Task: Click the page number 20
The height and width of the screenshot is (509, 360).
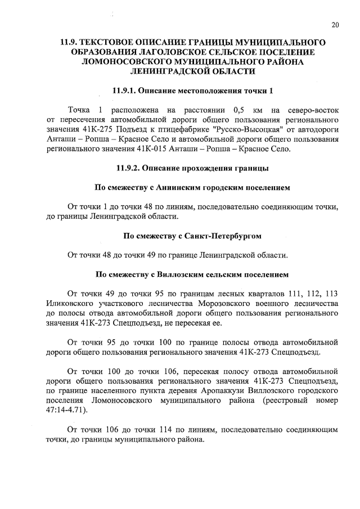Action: (335, 25)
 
